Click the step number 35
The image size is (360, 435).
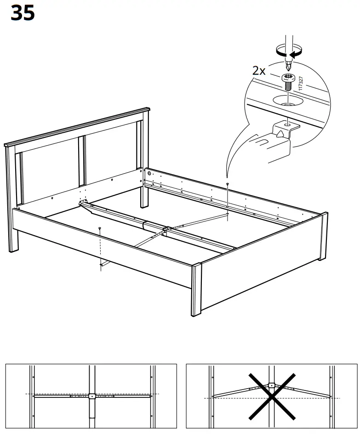pyautogui.click(x=22, y=13)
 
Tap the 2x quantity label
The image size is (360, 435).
pyautogui.click(x=259, y=71)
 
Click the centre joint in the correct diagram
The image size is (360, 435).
pyautogui.click(x=91, y=395)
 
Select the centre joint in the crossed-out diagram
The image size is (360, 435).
pyautogui.click(x=272, y=386)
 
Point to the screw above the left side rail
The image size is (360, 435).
pyautogui.click(x=99, y=228)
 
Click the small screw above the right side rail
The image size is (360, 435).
pyautogui.click(x=228, y=184)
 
